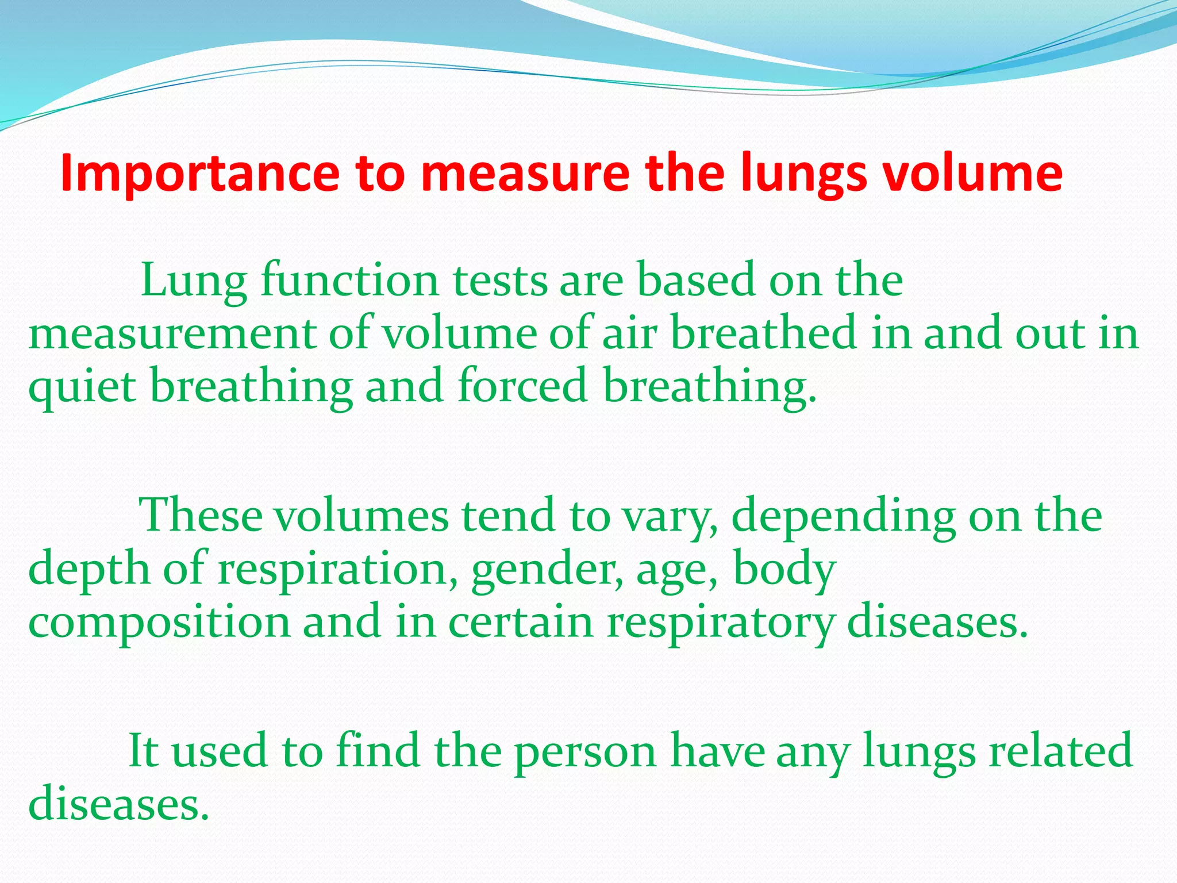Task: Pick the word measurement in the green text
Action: click(x=172, y=334)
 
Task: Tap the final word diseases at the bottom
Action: click(x=118, y=804)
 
